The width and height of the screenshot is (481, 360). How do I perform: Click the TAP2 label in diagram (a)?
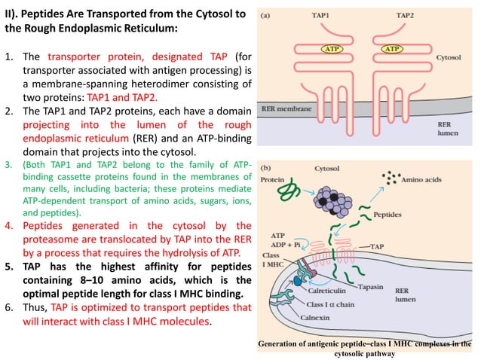pyautogui.click(x=407, y=15)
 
